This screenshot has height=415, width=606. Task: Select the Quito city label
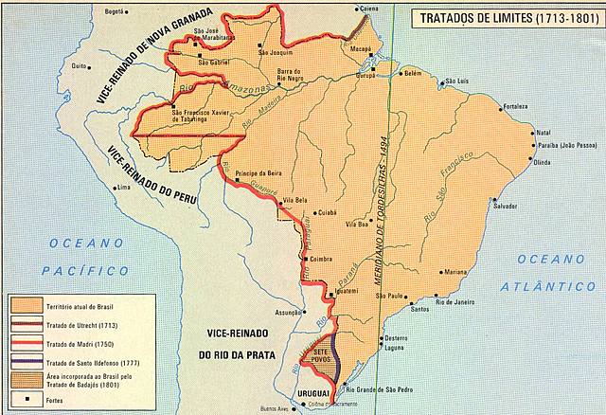(80, 66)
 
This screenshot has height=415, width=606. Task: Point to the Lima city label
(121, 188)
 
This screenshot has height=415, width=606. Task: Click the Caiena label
(368, 9)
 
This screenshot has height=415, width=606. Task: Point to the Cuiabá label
(327, 212)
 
